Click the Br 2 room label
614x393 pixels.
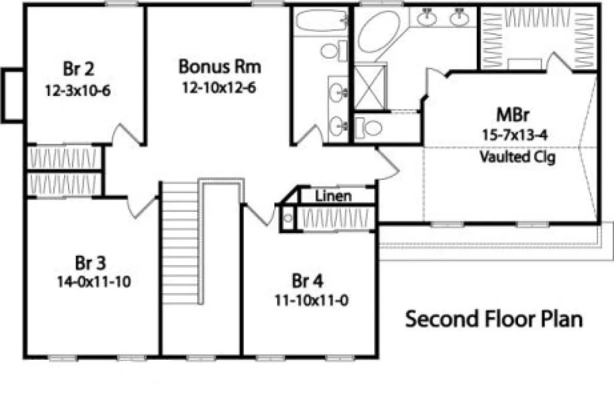[78, 69]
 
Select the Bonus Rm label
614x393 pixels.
[220, 66]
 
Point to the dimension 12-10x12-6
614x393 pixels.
[220, 88]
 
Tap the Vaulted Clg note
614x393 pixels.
[517, 158]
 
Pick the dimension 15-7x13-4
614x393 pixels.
[514, 134]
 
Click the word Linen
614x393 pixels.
[333, 195]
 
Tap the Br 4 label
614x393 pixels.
[307, 279]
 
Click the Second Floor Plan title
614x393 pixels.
[494, 320]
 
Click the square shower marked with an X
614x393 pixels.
[369, 86]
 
